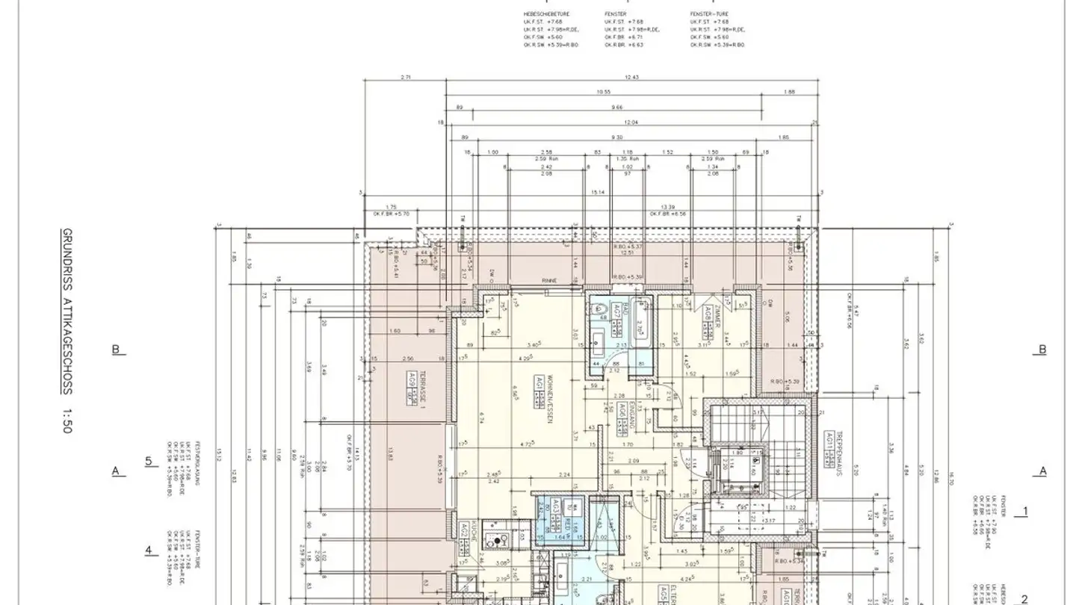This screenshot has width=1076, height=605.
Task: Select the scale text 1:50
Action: [67, 421]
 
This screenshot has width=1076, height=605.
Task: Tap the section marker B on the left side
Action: [116, 350]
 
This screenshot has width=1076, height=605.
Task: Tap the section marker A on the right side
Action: [1043, 471]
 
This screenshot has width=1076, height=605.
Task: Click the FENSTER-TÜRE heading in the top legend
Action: [709, 13]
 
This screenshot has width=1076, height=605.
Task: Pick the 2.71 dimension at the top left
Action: [406, 77]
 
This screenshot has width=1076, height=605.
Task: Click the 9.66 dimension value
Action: [616, 108]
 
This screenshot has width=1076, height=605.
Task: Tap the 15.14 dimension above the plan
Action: [597, 192]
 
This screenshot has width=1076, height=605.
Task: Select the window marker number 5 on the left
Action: [148, 461]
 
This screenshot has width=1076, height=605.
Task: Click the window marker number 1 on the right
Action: [1025, 512]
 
